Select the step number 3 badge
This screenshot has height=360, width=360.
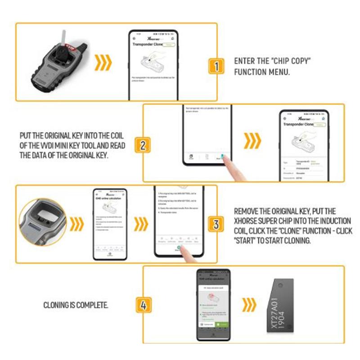click(216, 224)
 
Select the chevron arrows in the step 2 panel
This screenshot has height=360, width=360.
click(252, 140)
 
